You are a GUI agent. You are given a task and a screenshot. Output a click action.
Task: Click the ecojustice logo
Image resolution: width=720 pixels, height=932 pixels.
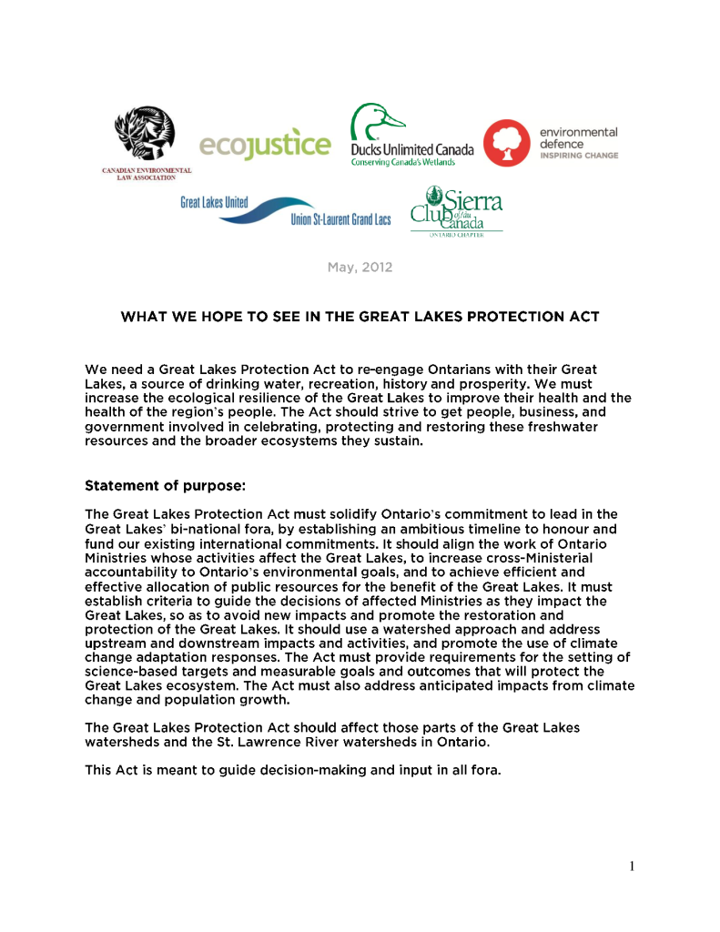pyautogui.click(x=265, y=144)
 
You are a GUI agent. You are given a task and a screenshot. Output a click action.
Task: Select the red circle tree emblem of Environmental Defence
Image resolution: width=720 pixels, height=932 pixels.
pyautogui.click(x=506, y=143)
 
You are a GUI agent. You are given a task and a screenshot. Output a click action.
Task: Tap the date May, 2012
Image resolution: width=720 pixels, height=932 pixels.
pyautogui.click(x=360, y=268)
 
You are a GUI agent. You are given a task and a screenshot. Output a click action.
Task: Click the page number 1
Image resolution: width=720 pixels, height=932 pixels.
pyautogui.click(x=631, y=866)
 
